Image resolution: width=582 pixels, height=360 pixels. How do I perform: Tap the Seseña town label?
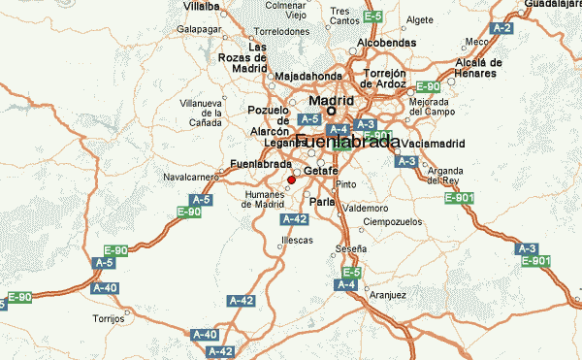(x=351, y=249)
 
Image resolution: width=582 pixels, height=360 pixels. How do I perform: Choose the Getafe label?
(x=321, y=171)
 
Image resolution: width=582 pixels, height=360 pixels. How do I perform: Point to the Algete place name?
(x=420, y=18)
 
